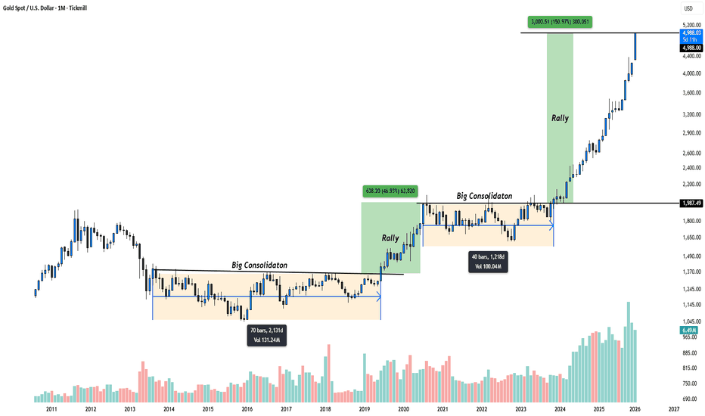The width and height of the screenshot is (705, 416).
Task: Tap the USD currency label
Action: click(x=688, y=9)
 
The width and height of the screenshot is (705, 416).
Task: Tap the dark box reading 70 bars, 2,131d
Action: click(x=267, y=335)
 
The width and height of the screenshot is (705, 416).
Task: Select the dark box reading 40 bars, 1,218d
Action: click(x=488, y=261)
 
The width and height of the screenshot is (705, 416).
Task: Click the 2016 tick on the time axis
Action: click(x=247, y=409)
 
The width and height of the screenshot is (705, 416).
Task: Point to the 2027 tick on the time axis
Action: click(x=673, y=409)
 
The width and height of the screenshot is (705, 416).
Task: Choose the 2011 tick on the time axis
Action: click(x=51, y=409)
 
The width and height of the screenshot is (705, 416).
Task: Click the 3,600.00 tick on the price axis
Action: click(x=689, y=92)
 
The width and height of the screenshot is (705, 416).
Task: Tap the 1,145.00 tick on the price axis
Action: click(x=689, y=306)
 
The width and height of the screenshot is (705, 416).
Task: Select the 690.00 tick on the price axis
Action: click(x=689, y=399)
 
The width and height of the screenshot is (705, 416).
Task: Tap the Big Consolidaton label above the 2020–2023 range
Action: click(x=489, y=195)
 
